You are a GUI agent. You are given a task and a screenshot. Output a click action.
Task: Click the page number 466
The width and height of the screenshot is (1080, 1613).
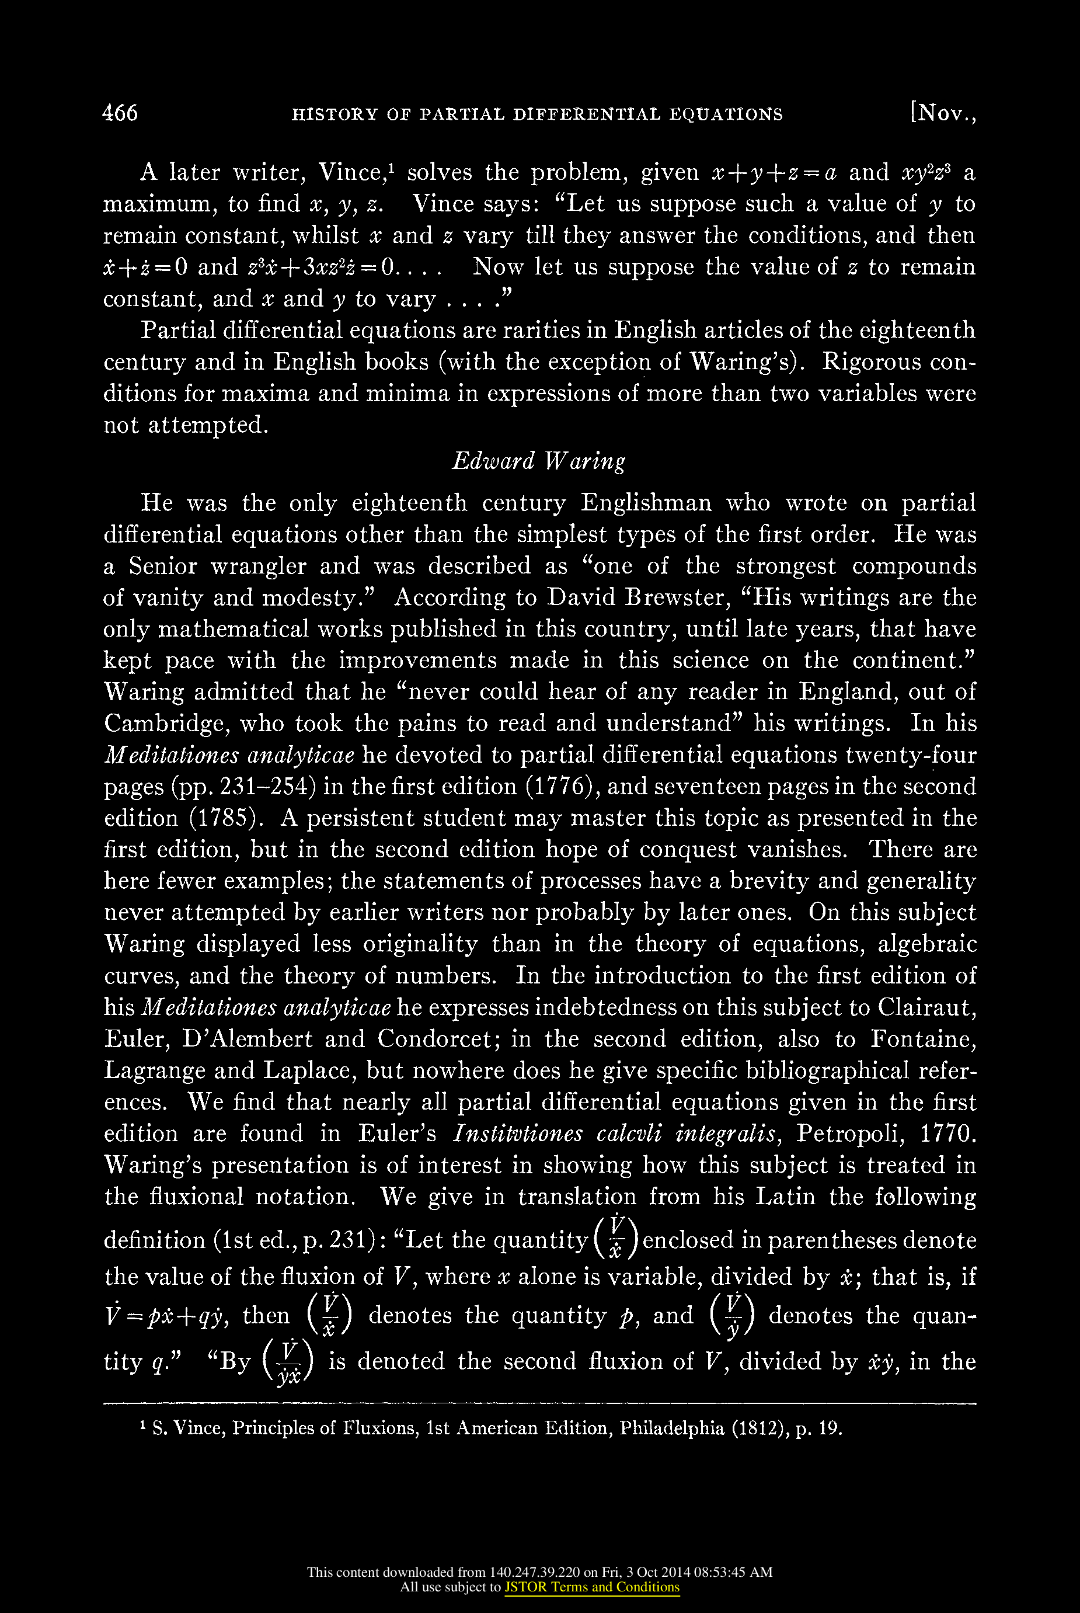[x=120, y=112]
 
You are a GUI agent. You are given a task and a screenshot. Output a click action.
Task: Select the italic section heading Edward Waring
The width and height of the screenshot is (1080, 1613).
[x=539, y=461]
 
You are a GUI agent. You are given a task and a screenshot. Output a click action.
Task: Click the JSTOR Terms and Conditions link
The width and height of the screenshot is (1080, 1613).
[x=591, y=1587]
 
